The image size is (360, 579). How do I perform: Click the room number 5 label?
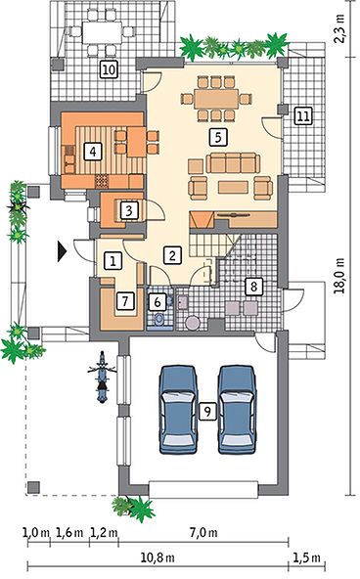tap(218, 137)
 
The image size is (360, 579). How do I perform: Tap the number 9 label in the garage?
tap(207, 411)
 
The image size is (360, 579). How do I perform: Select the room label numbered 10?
tap(109, 69)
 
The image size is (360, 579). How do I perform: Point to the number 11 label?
tap(302, 116)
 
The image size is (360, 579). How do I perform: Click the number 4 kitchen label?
tap(93, 152)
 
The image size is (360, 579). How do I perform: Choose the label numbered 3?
tap(129, 210)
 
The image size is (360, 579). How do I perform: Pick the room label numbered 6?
tap(157, 302)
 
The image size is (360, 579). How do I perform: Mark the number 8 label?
tap(253, 286)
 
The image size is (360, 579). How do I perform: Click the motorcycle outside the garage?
tap(102, 377)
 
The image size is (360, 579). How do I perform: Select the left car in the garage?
tap(177, 409)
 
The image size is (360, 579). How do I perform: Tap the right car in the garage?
tap(237, 409)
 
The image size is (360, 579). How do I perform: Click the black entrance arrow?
tap(62, 251)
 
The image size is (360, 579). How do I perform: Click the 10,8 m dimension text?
tap(157, 557)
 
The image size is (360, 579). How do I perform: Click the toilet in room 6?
tap(159, 319)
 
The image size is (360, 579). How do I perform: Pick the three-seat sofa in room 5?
tap(233, 162)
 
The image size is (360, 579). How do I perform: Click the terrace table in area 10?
tap(102, 32)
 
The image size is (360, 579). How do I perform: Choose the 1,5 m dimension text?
tap(306, 557)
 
